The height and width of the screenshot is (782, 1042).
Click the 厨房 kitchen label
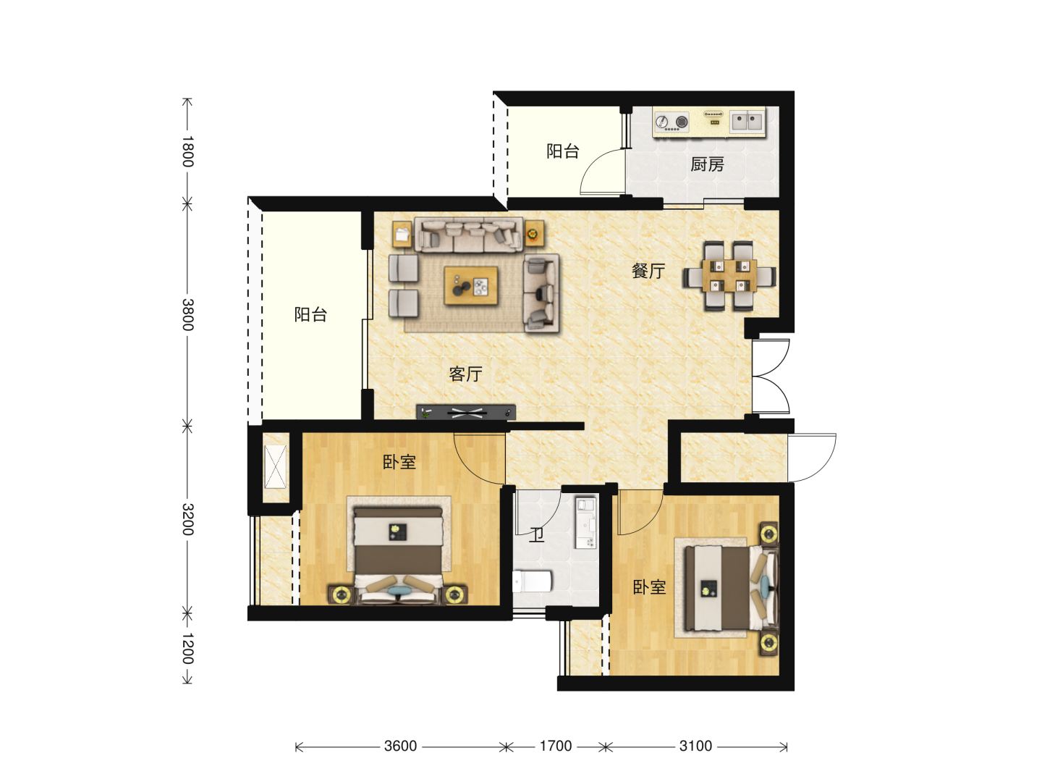coord(707,164)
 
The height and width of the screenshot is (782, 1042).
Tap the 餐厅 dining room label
coord(648,271)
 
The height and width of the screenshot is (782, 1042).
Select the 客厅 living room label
coord(466,374)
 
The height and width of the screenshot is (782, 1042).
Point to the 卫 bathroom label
coord(536,535)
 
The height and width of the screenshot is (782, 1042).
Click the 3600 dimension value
coord(400,746)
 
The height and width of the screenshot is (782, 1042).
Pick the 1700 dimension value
coord(556,746)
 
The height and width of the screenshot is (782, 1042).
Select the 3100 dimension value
coord(695,746)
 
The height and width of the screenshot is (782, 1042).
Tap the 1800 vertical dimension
coord(188,151)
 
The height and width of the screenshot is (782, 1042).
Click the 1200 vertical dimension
coord(188,648)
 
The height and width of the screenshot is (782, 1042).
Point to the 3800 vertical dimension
coord(188,314)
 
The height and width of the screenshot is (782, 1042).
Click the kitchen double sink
coord(747,122)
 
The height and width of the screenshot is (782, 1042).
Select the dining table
coord(729,275)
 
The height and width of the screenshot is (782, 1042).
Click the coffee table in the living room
coord(471,285)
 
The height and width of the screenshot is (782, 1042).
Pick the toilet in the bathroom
coord(532,581)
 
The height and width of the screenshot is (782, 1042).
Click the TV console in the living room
coord(466,412)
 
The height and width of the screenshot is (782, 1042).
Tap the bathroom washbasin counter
coord(585,522)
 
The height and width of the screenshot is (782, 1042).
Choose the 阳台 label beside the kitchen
coord(563,151)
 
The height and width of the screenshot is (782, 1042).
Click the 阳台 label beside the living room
coord(310,314)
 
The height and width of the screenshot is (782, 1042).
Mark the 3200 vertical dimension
coord(188,519)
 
